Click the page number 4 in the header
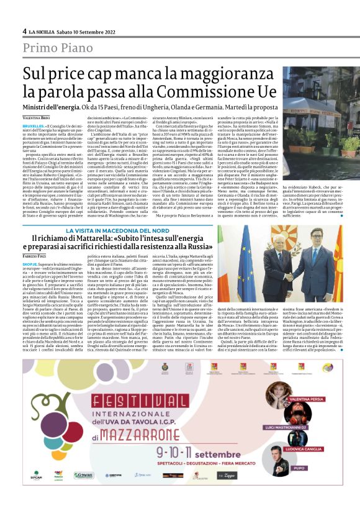(x=24, y=30)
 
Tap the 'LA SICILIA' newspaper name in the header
(x=43, y=30)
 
